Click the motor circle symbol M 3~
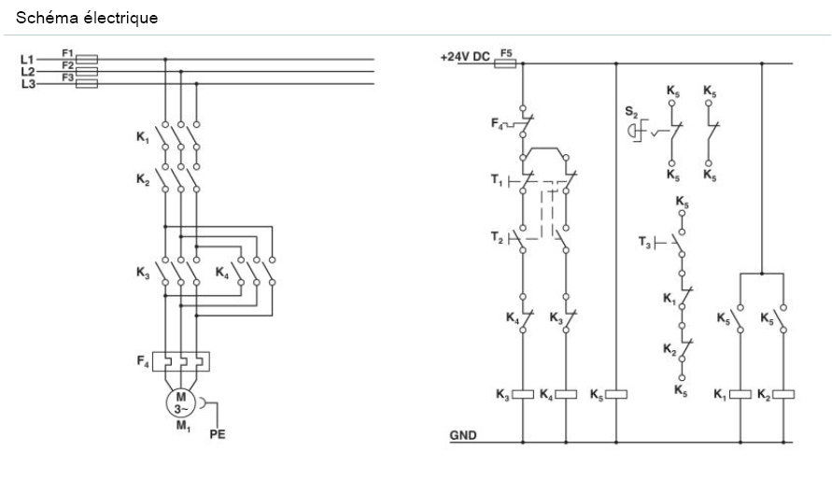click(180, 403)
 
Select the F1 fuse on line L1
click(86, 58)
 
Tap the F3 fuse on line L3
click(86, 82)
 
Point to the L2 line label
click(27, 71)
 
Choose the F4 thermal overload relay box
click(180, 360)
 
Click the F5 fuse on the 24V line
click(506, 63)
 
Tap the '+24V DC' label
click(465, 57)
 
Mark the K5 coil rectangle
click(615, 394)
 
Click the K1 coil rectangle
click(740, 394)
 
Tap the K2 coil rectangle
click(783, 394)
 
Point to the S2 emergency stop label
click(631, 112)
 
